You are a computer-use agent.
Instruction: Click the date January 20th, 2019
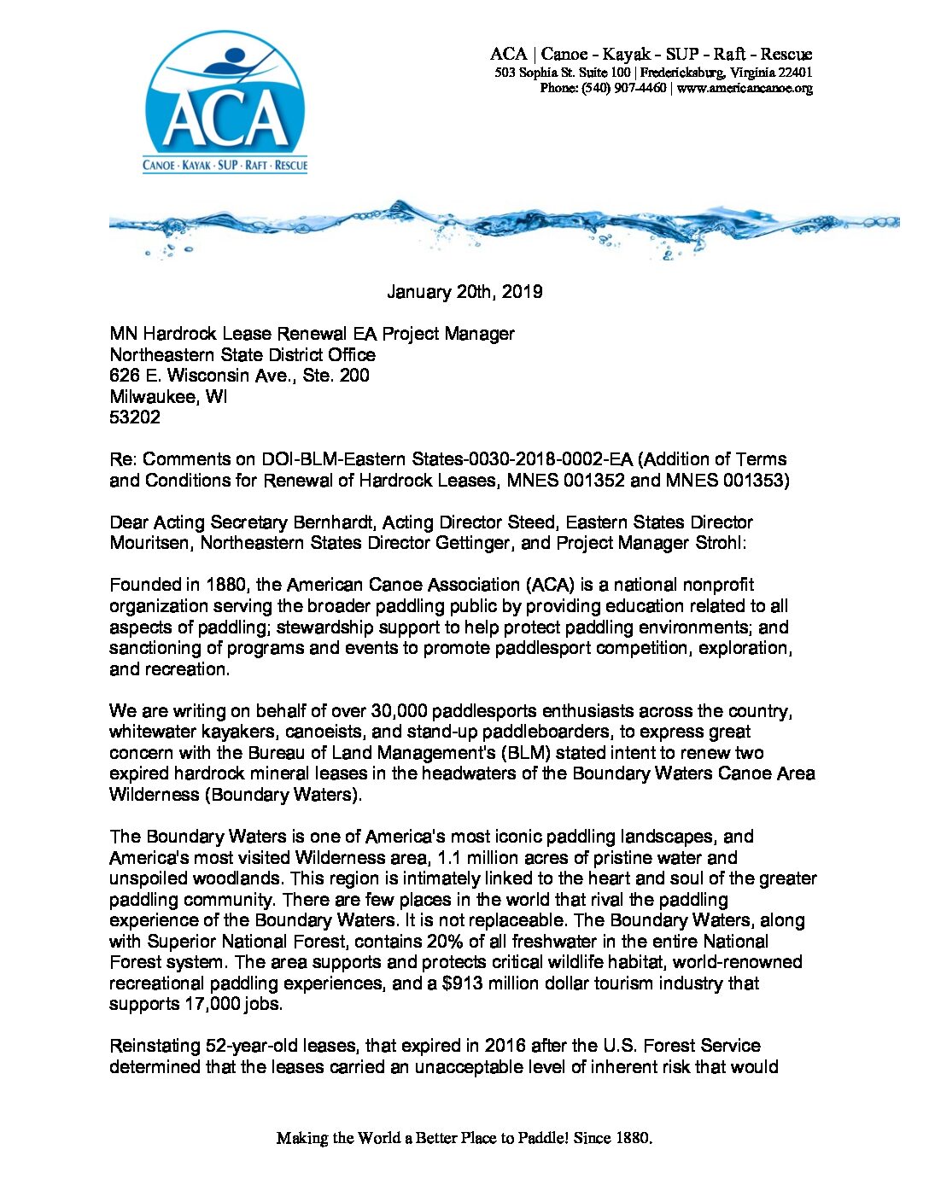click(x=464, y=292)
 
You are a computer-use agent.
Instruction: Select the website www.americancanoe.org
click(x=745, y=88)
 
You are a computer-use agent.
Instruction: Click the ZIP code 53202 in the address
click(x=135, y=417)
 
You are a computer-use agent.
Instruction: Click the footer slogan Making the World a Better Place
click(x=464, y=1138)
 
